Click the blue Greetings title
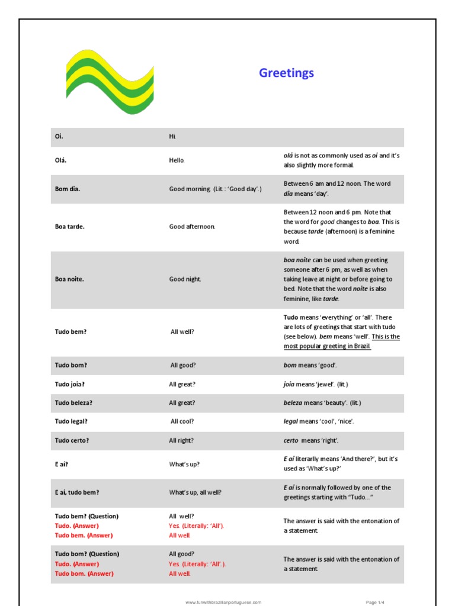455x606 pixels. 286,73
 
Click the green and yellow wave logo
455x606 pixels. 110,82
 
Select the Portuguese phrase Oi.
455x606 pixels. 59,137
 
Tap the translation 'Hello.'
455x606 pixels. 177,160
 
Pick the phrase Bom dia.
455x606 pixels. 68,189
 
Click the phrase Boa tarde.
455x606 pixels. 69,227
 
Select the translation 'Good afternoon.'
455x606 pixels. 192,227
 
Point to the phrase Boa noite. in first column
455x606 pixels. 69,279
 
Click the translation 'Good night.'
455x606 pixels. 185,279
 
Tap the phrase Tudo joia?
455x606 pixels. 69,384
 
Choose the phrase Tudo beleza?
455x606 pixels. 73,403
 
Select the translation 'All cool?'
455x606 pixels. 182,422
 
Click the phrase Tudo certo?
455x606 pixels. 72,441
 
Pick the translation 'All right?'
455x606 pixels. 181,441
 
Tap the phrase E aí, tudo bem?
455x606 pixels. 77,492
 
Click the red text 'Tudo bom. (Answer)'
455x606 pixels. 84,573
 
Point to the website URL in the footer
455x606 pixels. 223,602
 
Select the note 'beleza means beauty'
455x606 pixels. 322,403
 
